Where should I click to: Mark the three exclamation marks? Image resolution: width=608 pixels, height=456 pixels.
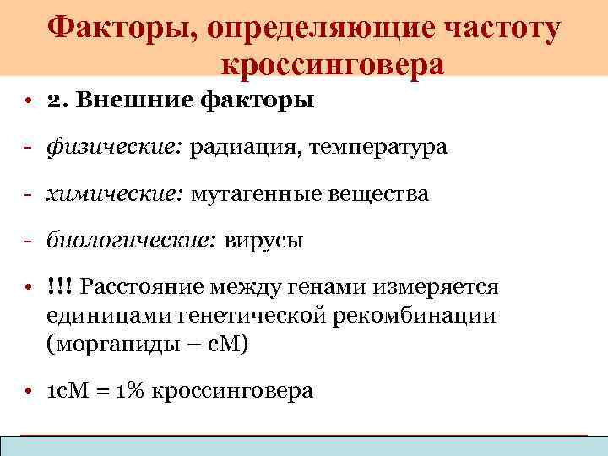60,287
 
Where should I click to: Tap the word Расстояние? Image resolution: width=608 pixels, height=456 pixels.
139,287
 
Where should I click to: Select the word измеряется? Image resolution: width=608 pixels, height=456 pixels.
439,287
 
